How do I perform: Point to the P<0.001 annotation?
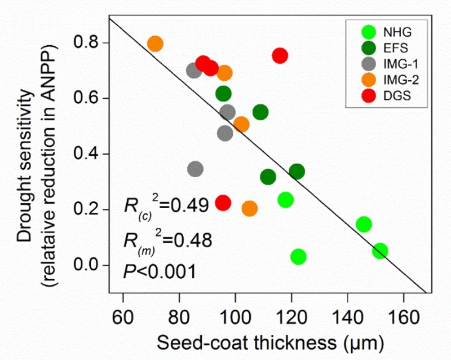[160, 271]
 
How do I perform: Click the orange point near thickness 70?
[155, 43]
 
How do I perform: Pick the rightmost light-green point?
[380, 251]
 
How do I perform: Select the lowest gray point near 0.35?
[195, 169]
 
